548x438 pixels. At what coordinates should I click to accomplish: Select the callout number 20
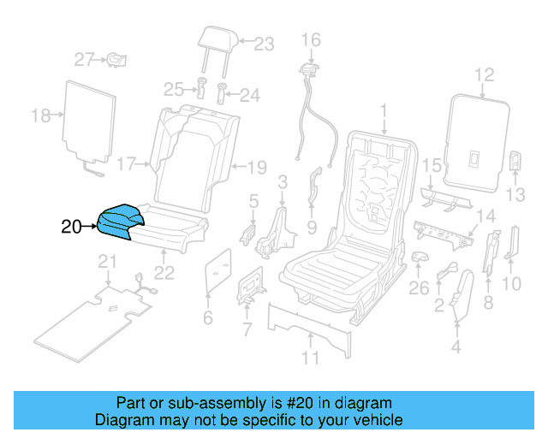click(72, 228)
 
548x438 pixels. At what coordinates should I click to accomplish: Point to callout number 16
click(309, 39)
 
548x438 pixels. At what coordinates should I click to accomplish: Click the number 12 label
click(485, 75)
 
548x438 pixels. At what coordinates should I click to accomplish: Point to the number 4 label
click(456, 346)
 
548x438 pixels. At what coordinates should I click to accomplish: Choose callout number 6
click(206, 320)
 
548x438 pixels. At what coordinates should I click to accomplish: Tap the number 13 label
click(515, 195)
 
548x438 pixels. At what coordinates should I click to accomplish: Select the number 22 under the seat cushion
click(164, 273)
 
